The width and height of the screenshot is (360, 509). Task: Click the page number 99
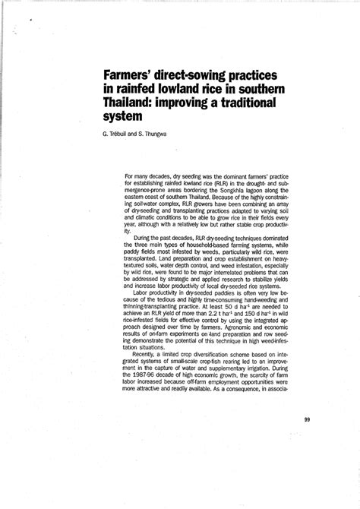[308, 419]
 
